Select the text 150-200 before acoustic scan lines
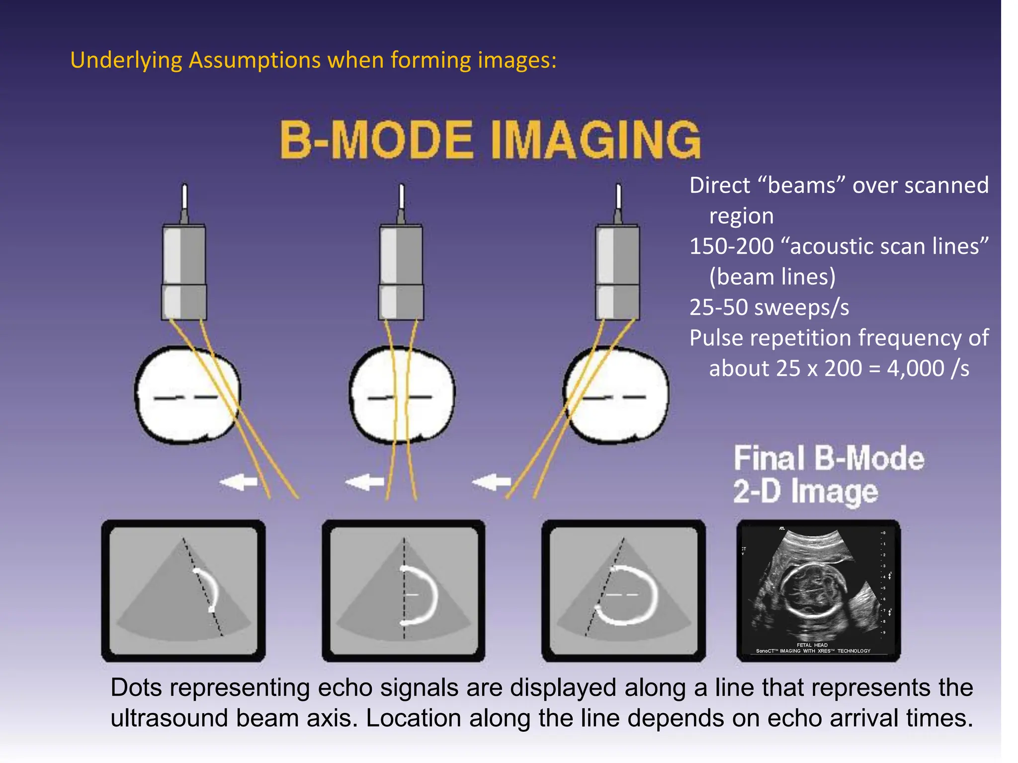coord(731,247)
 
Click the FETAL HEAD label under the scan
coord(812,645)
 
